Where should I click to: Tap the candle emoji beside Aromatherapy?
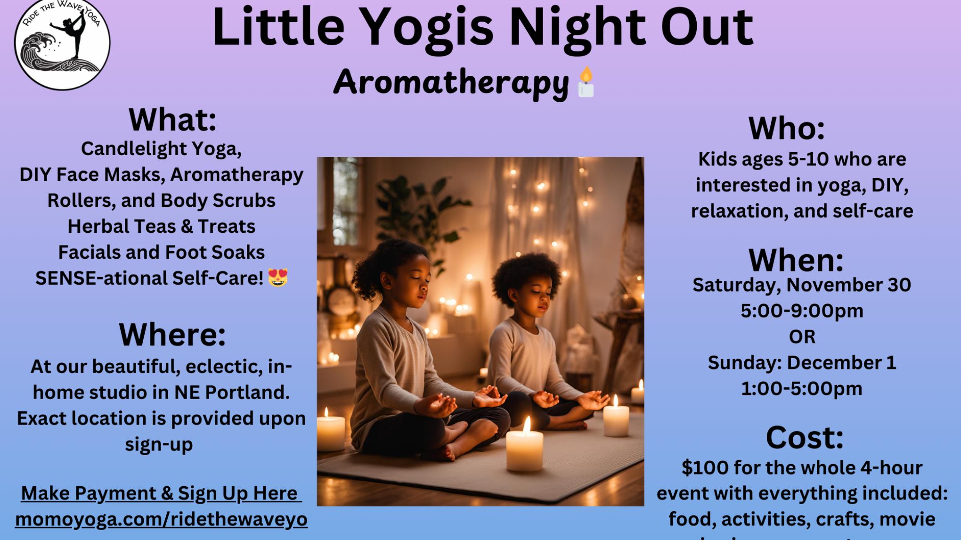point(586,82)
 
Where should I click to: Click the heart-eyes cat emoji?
point(277,278)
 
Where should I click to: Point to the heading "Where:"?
point(172,335)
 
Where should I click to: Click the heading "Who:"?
point(787,128)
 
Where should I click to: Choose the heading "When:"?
point(796,260)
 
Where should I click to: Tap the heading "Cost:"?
point(805,437)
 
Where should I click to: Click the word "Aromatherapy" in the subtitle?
point(451,83)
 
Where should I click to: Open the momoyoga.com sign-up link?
point(161,519)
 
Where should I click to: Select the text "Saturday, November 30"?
point(802,285)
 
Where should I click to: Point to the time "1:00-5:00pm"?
point(802,389)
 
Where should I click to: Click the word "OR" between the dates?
point(802,337)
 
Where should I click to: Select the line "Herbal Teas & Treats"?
point(161,227)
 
